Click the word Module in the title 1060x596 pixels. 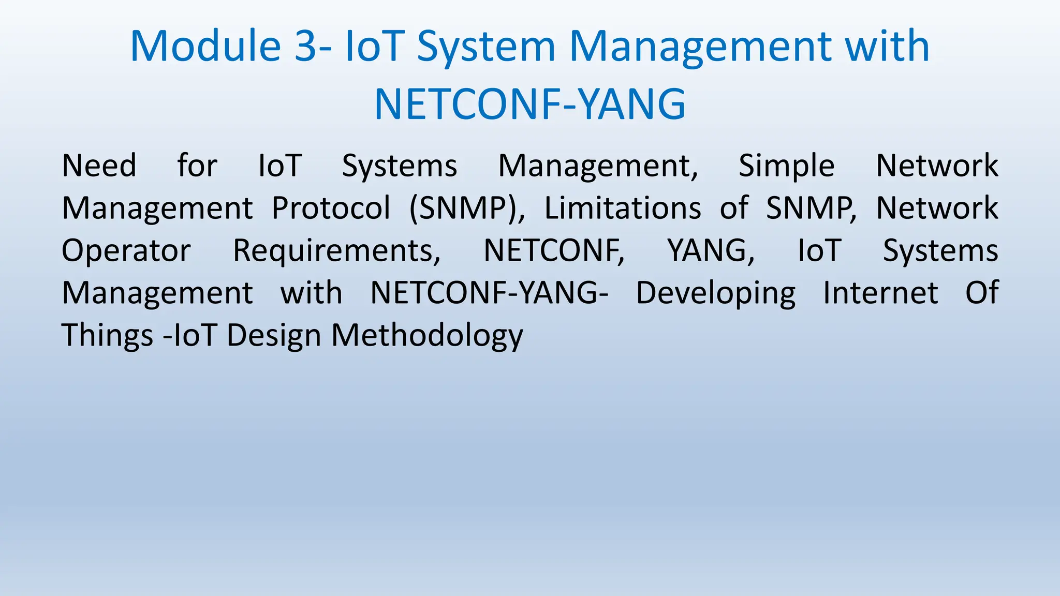click(205, 47)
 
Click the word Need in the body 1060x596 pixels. click(99, 166)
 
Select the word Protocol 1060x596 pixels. click(331, 208)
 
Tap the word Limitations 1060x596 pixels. click(623, 208)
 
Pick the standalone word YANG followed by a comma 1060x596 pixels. click(710, 251)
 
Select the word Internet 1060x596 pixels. click(880, 293)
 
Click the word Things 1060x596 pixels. click(107, 336)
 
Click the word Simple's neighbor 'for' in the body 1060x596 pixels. click(197, 166)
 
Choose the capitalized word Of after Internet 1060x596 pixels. click(981, 293)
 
